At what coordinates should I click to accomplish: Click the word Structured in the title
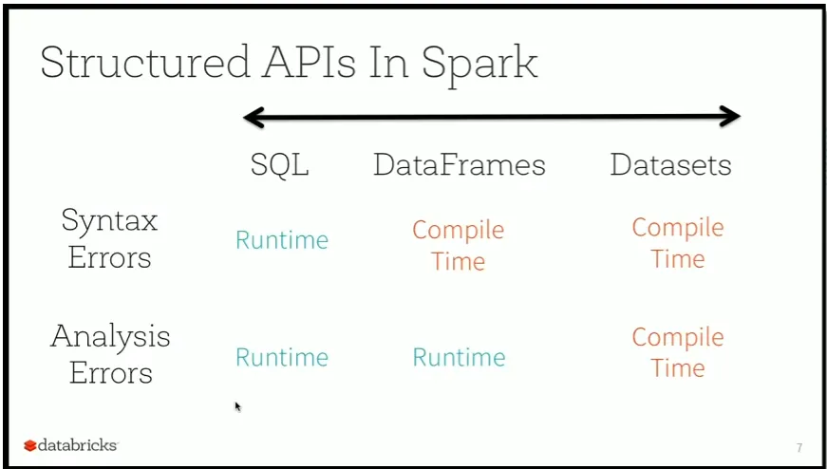pos(144,62)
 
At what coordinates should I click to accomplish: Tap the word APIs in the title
pos(306,62)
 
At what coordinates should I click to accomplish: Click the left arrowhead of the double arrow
pos(254,117)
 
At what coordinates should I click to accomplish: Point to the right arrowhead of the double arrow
pos(730,116)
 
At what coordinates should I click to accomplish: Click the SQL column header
pos(279,165)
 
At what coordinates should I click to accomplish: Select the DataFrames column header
pos(460,164)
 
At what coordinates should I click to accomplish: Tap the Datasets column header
pos(671,164)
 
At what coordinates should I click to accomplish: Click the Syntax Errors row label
pos(110,238)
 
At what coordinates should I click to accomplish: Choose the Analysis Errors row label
pos(110,354)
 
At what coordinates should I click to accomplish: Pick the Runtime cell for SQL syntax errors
pos(282,240)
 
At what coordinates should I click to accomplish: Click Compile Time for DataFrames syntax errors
pos(459,245)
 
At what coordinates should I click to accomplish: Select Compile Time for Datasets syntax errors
pos(678,243)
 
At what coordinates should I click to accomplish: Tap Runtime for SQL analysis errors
pos(282,357)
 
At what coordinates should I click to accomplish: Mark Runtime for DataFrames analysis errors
pos(459,357)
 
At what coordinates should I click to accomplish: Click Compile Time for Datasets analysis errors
pos(678,352)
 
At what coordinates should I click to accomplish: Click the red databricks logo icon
pos(30,446)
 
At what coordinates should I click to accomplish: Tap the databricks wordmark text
pos(78,445)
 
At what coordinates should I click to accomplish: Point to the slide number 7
pos(799,448)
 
